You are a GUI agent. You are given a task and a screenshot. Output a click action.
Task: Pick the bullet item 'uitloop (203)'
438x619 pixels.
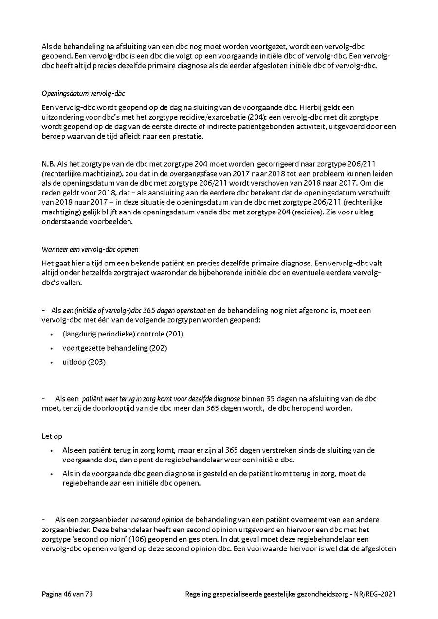pos(84,362)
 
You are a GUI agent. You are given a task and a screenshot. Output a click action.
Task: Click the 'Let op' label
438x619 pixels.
pos(52,437)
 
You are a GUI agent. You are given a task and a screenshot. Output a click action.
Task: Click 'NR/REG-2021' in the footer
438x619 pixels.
pos(374,594)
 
